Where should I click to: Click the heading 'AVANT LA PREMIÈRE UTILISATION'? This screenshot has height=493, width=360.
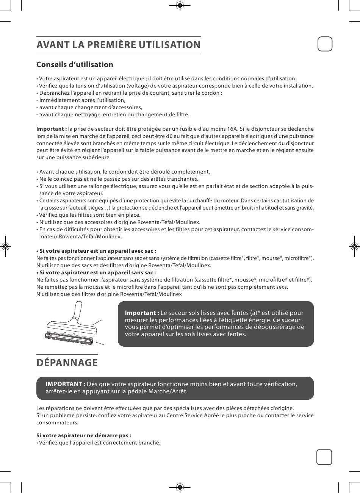(118, 45)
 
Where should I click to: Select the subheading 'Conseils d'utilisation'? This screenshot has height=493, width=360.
(75, 64)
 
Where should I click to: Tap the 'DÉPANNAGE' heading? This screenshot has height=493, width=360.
(67, 363)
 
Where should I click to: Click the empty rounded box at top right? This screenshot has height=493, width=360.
(324, 44)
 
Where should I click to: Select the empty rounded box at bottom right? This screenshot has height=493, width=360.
(324, 457)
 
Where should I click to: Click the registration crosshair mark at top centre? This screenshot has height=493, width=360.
(180, 5)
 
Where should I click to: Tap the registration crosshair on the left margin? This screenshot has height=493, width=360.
(5, 246)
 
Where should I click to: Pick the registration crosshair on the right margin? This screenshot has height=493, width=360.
(354, 246)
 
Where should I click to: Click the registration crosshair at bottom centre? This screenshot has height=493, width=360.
(180, 487)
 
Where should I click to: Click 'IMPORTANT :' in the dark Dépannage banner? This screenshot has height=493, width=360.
(65, 384)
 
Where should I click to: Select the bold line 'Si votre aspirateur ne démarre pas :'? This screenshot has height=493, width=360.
(84, 435)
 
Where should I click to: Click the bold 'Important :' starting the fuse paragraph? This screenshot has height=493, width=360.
(52, 129)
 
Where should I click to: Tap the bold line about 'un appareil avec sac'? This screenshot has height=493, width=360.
(96, 251)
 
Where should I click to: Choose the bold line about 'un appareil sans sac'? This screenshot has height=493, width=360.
(96, 272)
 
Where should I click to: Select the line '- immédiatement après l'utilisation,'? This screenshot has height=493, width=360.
(81, 100)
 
